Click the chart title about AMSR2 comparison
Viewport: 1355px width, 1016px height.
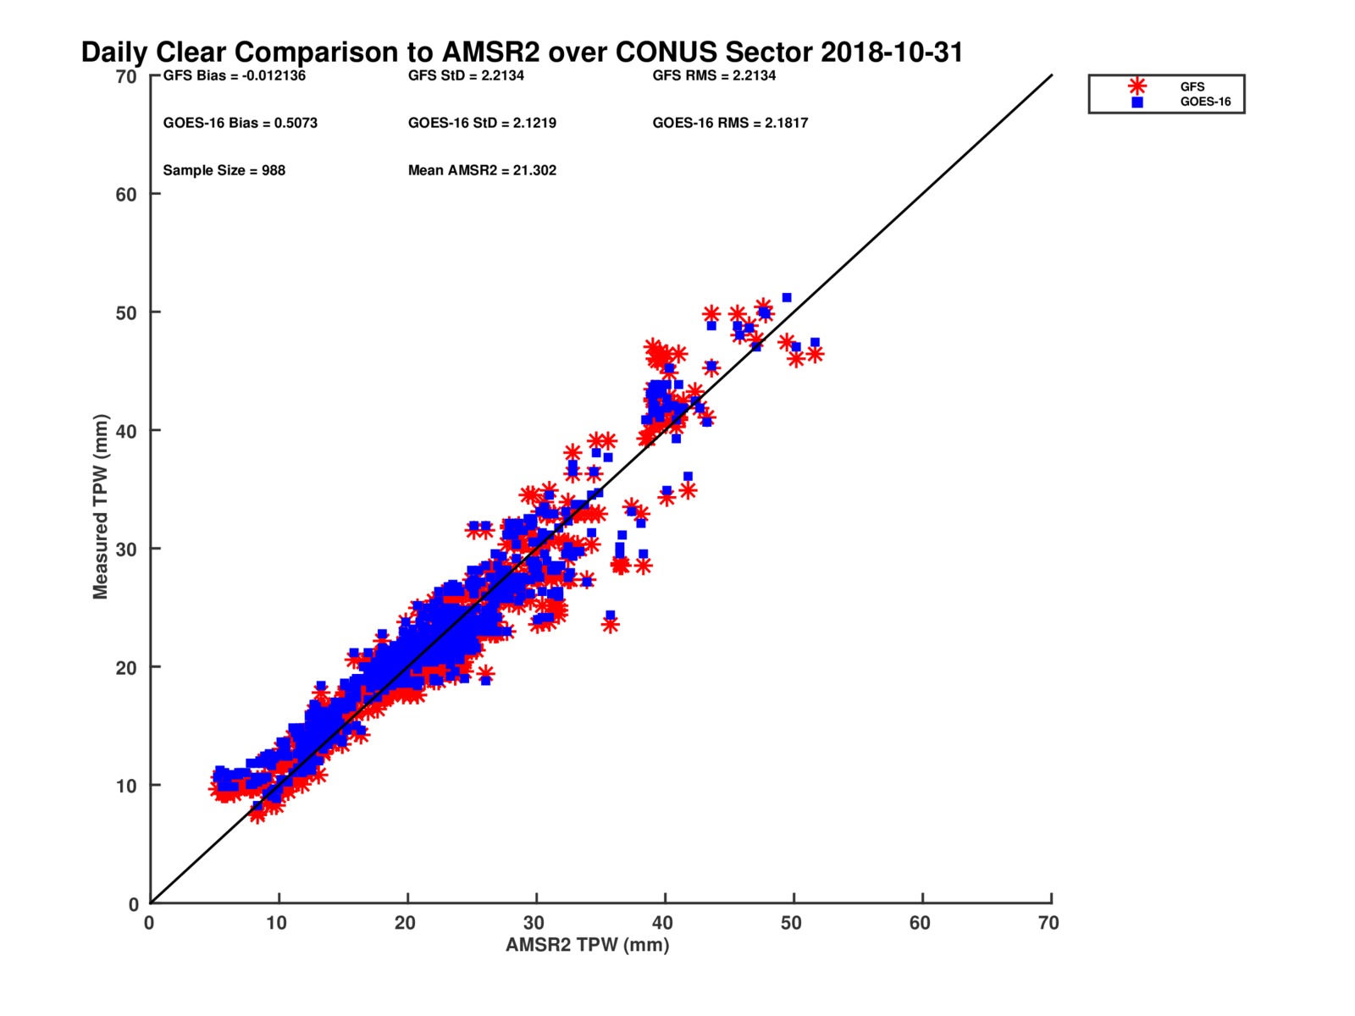pos(522,52)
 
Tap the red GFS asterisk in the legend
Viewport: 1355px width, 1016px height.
pos(1137,86)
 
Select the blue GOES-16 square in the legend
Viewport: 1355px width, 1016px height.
pos(1137,102)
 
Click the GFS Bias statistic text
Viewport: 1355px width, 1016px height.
pos(235,75)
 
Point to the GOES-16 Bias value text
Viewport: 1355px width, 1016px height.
pos(241,123)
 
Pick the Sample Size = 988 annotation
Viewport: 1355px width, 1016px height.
pos(224,170)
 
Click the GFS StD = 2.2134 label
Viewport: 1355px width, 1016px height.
pos(466,75)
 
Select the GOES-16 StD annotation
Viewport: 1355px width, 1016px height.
pos(482,123)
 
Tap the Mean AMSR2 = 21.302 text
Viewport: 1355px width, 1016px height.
pos(482,170)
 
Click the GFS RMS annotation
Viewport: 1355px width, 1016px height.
pos(714,75)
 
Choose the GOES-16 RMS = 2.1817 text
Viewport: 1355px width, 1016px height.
pos(730,123)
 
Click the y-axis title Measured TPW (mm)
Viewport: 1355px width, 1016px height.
pos(101,506)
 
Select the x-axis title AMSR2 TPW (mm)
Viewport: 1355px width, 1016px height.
pos(587,945)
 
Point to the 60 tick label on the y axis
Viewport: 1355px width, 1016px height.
pos(126,195)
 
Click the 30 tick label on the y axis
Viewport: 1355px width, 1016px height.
pos(126,549)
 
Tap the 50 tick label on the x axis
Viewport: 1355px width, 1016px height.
pos(791,923)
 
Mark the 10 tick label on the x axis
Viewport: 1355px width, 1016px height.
pos(277,923)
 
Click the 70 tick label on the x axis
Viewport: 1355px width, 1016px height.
pos(1048,923)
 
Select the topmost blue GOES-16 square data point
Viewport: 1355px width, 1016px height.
pos(787,298)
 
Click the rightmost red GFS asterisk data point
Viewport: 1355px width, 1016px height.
pos(815,354)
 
